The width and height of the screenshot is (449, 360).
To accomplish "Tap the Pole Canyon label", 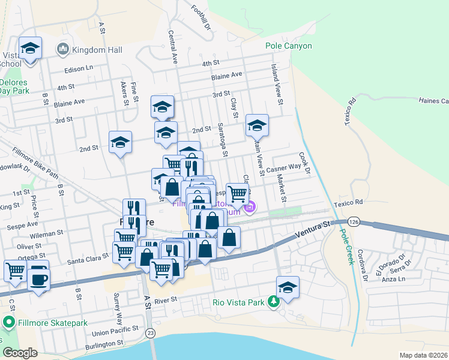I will pyautogui.click(x=289, y=46).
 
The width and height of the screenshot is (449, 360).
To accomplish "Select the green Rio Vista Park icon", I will pyautogui.click(x=274, y=301).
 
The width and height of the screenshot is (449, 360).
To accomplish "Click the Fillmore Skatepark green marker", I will pyautogui.click(x=8, y=323).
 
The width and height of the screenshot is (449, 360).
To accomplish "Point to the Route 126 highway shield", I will pyautogui.click(x=355, y=222).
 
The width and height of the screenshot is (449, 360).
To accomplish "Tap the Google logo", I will pyautogui.click(x=20, y=353).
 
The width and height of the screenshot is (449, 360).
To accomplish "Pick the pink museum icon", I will pyautogui.click(x=250, y=208).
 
